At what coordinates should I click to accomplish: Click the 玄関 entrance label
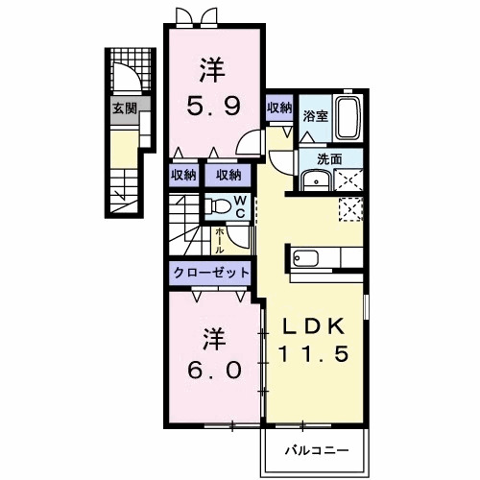tap(125, 109)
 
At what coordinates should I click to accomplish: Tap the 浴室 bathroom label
tap(316, 116)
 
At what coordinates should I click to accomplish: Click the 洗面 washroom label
tap(329, 159)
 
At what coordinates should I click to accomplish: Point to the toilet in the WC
tap(218, 205)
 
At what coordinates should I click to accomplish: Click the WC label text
tap(240, 207)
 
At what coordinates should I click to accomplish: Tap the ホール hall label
tap(219, 240)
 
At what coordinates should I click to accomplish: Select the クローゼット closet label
tap(211, 273)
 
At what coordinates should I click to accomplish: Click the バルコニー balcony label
tap(317, 451)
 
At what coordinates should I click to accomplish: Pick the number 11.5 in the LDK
tap(313, 354)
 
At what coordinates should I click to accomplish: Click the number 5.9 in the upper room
tap(213, 107)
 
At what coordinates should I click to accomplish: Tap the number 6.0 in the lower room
tap(214, 371)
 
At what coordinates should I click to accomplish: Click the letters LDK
tap(313, 326)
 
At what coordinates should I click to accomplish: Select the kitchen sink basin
tap(306, 258)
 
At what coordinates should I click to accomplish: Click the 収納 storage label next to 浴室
tap(279, 108)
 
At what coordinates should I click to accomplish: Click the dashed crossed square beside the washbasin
tap(348, 180)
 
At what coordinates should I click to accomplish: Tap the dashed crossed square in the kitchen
tap(350, 209)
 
